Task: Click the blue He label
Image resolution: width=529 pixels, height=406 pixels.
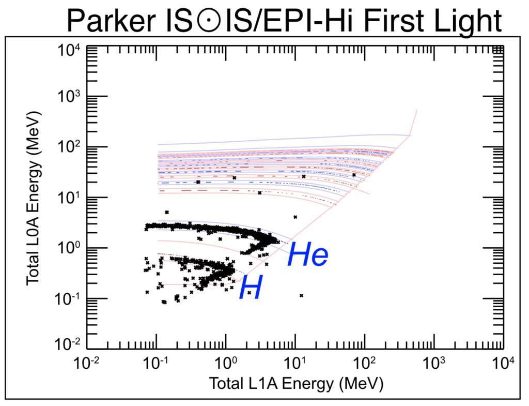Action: pyautogui.click(x=307, y=255)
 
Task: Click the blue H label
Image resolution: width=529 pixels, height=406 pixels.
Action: pyautogui.click(x=251, y=288)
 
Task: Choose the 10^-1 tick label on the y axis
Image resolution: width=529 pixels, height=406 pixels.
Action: pyautogui.click(x=69, y=298)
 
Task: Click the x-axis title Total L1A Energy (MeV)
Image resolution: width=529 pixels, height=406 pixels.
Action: pyautogui.click(x=295, y=384)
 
